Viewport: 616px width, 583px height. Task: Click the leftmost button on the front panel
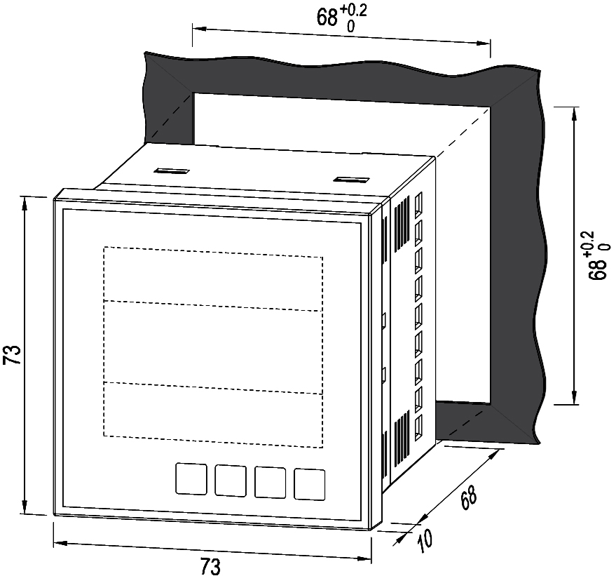pos(191,478)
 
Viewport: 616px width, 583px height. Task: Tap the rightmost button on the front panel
pos(310,484)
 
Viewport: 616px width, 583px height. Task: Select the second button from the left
pos(231,481)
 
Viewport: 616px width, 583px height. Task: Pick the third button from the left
pos(271,482)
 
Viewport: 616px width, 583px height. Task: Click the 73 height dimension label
pos(12,354)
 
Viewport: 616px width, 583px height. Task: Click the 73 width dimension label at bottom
pos(210,567)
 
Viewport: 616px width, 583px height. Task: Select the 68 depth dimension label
pos(468,498)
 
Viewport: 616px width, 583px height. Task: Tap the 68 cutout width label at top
pos(342,16)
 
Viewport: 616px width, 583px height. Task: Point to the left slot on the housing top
pos(172,171)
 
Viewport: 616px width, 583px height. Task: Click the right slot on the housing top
pos(351,180)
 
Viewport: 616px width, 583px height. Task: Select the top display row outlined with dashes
pos(213,279)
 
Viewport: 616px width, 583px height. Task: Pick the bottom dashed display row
pos(213,415)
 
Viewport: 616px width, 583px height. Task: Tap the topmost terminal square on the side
pos(419,204)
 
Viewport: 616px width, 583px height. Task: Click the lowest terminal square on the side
pos(419,428)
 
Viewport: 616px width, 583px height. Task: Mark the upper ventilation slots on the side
pos(402,225)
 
